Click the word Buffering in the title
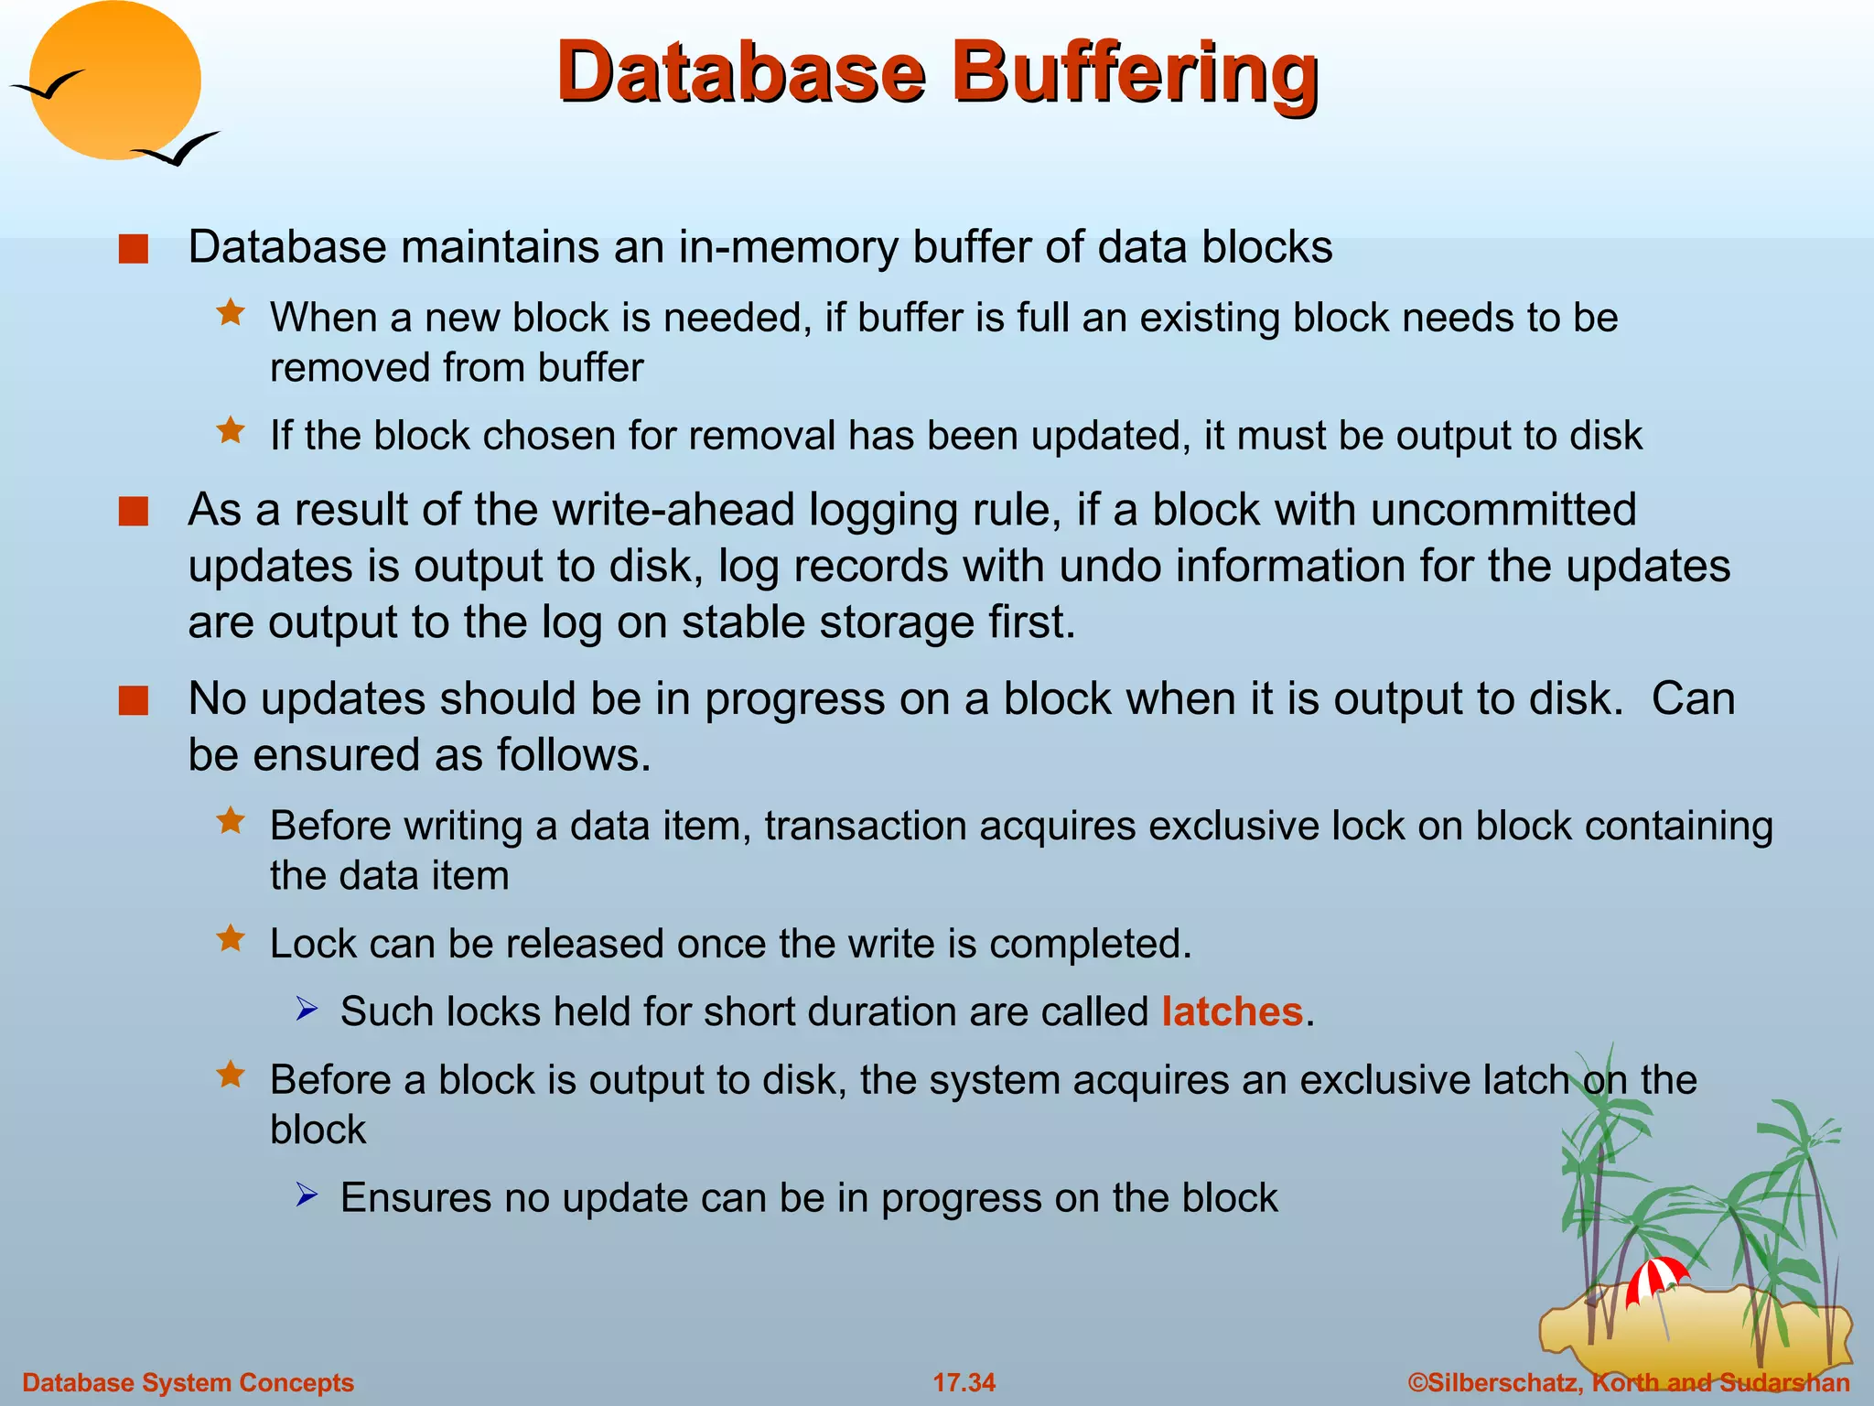[x=1135, y=73]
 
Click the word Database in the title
[x=741, y=73]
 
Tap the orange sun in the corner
[x=115, y=81]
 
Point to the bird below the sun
[x=178, y=149]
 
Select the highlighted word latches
[x=1232, y=1012]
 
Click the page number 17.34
[x=964, y=1382]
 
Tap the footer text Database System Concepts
[x=188, y=1382]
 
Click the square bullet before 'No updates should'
[x=134, y=701]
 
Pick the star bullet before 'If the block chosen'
[x=231, y=430]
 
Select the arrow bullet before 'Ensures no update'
[x=307, y=1195]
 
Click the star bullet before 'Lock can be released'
[x=231, y=938]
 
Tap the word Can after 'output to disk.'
[x=1693, y=699]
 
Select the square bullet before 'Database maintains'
[x=134, y=249]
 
